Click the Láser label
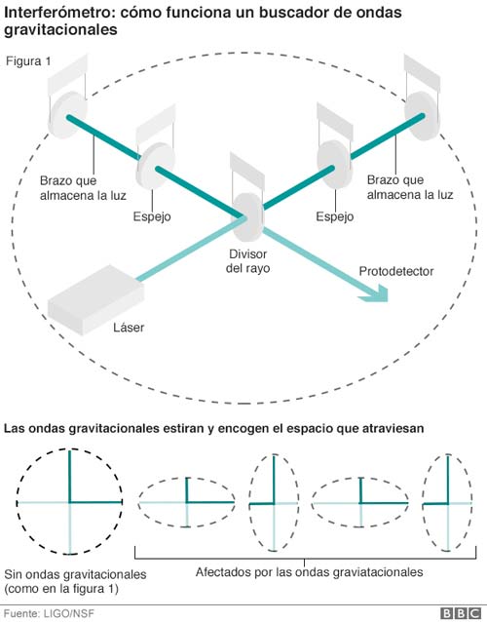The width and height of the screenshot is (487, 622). pos(129,328)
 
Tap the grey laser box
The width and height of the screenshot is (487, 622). pos(95,300)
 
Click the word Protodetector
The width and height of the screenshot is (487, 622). pos(395,271)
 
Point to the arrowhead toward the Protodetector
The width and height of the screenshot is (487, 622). pos(375,293)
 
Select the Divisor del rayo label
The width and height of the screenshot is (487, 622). pos(247,261)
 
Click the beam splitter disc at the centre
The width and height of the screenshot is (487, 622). pos(248,216)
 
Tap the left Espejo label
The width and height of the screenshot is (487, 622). pos(152,216)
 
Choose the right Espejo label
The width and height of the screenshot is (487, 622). pos(334,216)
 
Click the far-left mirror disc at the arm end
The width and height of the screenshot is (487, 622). pos(66,115)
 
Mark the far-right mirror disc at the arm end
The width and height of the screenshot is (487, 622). pos(423,116)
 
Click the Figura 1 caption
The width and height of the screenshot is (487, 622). pos(28,61)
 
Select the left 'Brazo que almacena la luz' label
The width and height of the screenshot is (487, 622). pos(83,188)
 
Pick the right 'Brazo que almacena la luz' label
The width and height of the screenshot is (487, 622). pos(410,187)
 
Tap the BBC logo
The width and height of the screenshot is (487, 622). pos(461,613)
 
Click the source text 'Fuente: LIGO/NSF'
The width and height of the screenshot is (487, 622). pos(49,613)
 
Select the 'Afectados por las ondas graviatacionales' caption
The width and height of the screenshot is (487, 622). pos(309,572)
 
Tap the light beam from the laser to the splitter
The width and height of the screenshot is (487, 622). pos(192,249)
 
